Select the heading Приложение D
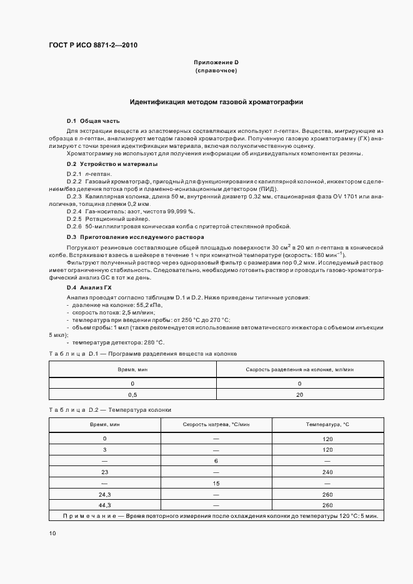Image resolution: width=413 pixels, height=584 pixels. coord(216,63)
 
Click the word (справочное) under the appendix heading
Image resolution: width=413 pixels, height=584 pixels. coord(216,71)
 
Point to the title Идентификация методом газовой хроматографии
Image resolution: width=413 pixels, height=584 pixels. coord(216,101)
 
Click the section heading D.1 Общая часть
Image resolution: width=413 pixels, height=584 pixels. coord(93,120)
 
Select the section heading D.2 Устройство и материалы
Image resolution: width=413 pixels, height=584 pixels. coord(112,164)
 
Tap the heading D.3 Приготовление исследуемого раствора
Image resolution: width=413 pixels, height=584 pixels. coord(126,238)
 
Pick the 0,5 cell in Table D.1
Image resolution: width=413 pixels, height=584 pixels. coord(132,394)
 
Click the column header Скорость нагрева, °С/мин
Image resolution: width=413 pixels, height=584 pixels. coord(216,424)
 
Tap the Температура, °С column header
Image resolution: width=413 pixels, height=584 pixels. coord(327,424)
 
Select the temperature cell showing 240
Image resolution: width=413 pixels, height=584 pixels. coord(327,472)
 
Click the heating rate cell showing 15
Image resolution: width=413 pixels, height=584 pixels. coord(216,483)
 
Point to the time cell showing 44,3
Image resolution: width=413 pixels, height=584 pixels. coord(104,505)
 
